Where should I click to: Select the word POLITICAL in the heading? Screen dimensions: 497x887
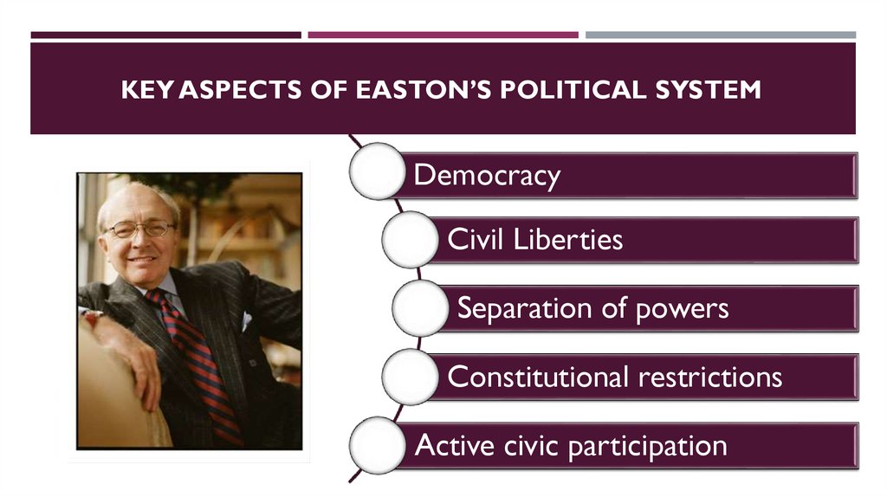tap(555, 89)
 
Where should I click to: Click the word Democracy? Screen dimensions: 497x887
tap(487, 176)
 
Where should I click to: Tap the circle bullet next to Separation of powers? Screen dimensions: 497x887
tap(420, 307)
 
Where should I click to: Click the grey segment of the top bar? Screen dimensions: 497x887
tap(720, 35)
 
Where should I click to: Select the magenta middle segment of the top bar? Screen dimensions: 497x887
tap(443, 35)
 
